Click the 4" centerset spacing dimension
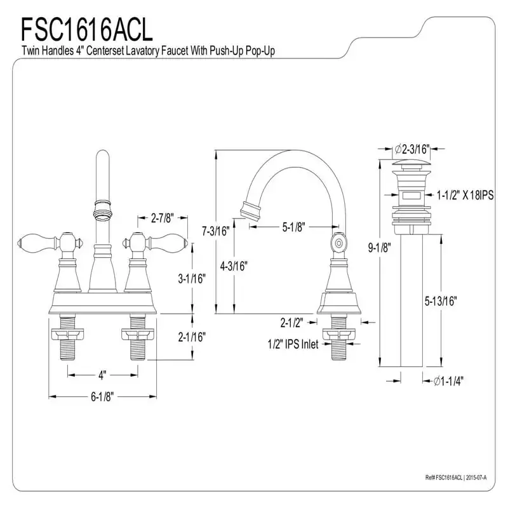102,373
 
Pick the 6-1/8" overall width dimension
102,397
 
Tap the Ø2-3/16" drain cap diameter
412,149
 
